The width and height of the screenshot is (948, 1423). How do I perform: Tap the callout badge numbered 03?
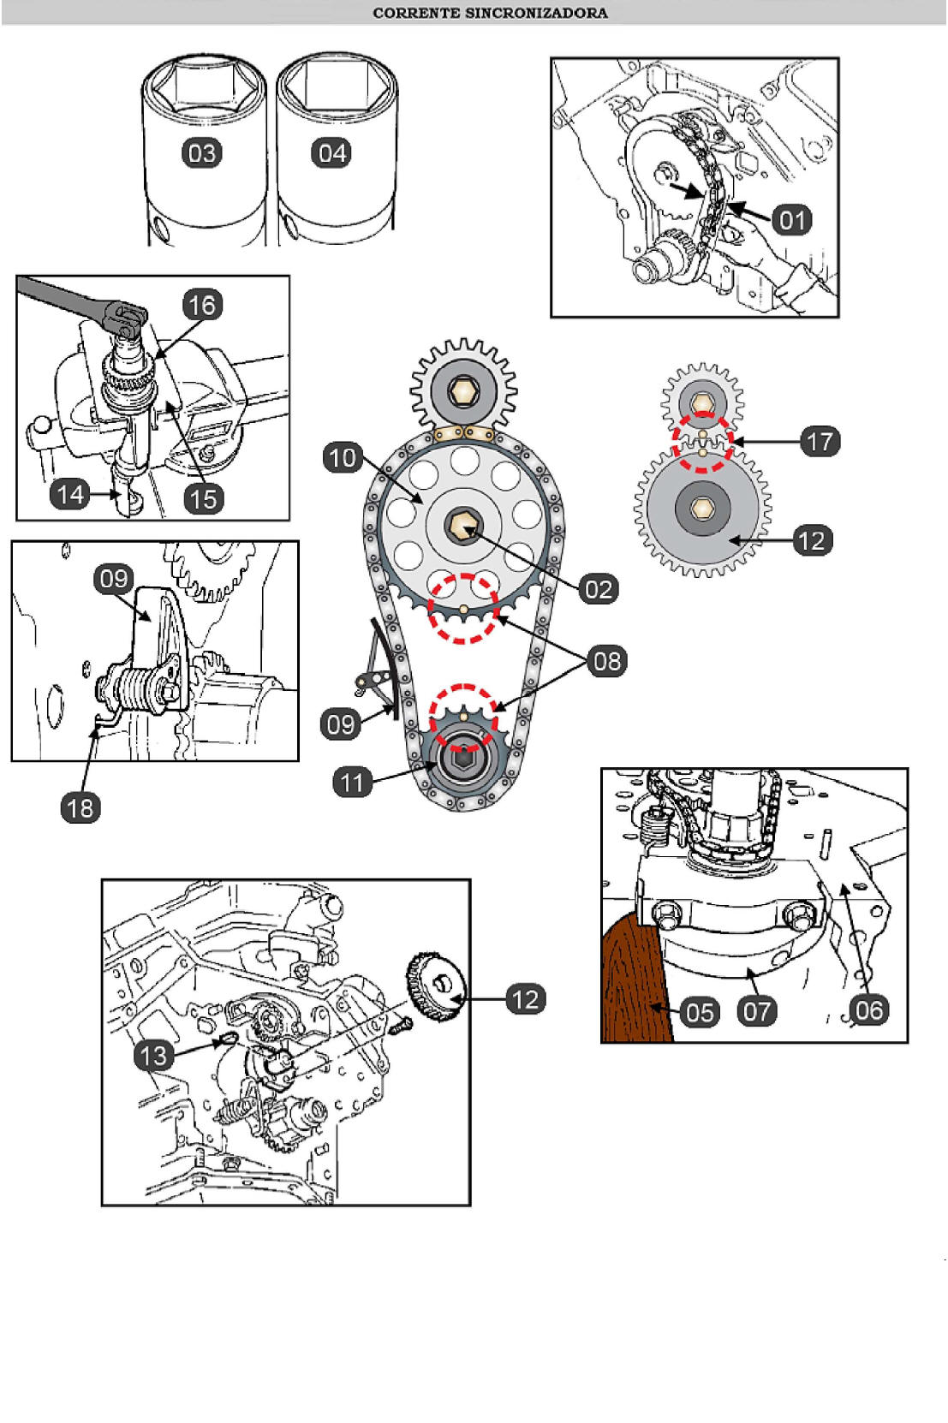coord(202,153)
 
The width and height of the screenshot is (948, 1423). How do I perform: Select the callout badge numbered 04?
coord(331,153)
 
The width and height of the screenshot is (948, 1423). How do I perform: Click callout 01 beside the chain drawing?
coord(791,220)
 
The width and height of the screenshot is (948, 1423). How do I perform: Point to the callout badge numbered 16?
coord(203,305)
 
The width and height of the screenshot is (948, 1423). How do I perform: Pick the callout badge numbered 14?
coord(70,494)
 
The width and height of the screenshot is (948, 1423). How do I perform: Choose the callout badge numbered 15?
coord(203,498)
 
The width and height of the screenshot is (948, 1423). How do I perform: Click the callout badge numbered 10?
coord(343,457)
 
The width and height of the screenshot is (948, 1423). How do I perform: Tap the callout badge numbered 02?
coord(599,590)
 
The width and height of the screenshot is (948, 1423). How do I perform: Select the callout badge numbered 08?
coord(607,661)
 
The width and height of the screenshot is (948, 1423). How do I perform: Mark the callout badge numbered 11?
coord(353,782)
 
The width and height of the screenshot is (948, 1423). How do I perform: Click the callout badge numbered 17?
coord(820,441)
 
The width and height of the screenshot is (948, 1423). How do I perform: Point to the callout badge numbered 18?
coord(80,808)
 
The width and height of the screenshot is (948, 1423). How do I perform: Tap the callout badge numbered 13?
coord(153,1055)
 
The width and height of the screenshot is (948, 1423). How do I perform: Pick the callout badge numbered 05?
coord(700,1012)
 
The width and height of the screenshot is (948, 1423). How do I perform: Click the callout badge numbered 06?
coord(869,1010)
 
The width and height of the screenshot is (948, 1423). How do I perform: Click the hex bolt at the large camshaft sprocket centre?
coord(463,526)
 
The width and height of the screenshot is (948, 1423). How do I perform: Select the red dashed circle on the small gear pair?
coord(703,442)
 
